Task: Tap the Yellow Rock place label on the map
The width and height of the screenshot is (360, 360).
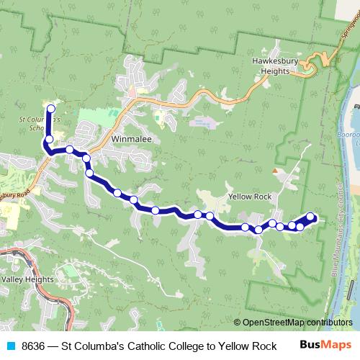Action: click(249, 197)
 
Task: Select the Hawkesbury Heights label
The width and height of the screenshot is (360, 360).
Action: click(281, 67)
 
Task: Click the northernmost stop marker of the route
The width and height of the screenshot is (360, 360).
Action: click(50, 109)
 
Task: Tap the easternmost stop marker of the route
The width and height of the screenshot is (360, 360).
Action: click(311, 216)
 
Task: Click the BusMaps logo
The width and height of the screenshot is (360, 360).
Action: click(326, 345)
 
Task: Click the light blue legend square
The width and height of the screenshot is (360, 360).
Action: click(9, 346)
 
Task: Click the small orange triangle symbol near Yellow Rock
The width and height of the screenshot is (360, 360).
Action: click(274, 171)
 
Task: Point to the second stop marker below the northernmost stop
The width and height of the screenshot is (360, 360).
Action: click(70, 150)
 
